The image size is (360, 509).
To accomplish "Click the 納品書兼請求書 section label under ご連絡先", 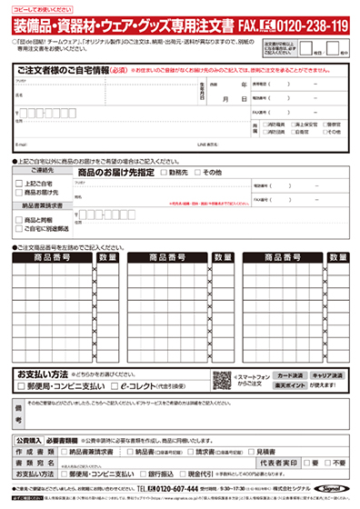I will [37, 206].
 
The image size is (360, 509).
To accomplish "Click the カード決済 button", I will [289, 374].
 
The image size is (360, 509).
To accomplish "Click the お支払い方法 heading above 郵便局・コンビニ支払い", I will [43, 374].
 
